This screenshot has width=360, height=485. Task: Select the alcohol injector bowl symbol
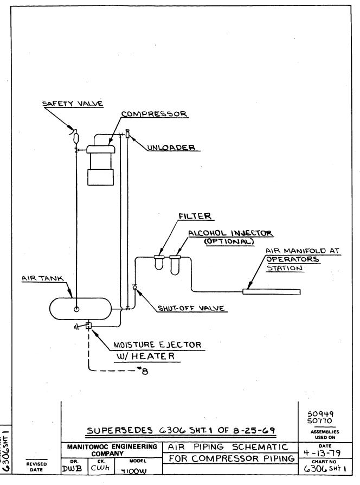[175, 264]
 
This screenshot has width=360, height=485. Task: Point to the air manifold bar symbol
[271, 292]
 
